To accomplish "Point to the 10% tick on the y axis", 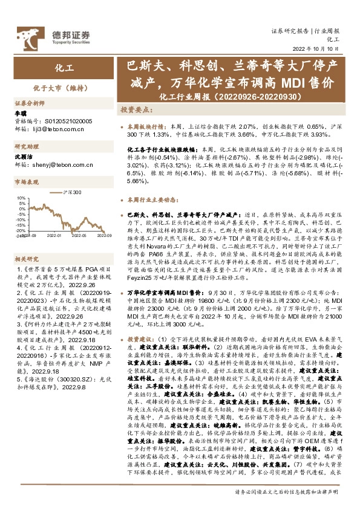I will [x=22, y=198].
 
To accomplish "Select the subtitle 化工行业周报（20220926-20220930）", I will [x=232, y=97].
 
